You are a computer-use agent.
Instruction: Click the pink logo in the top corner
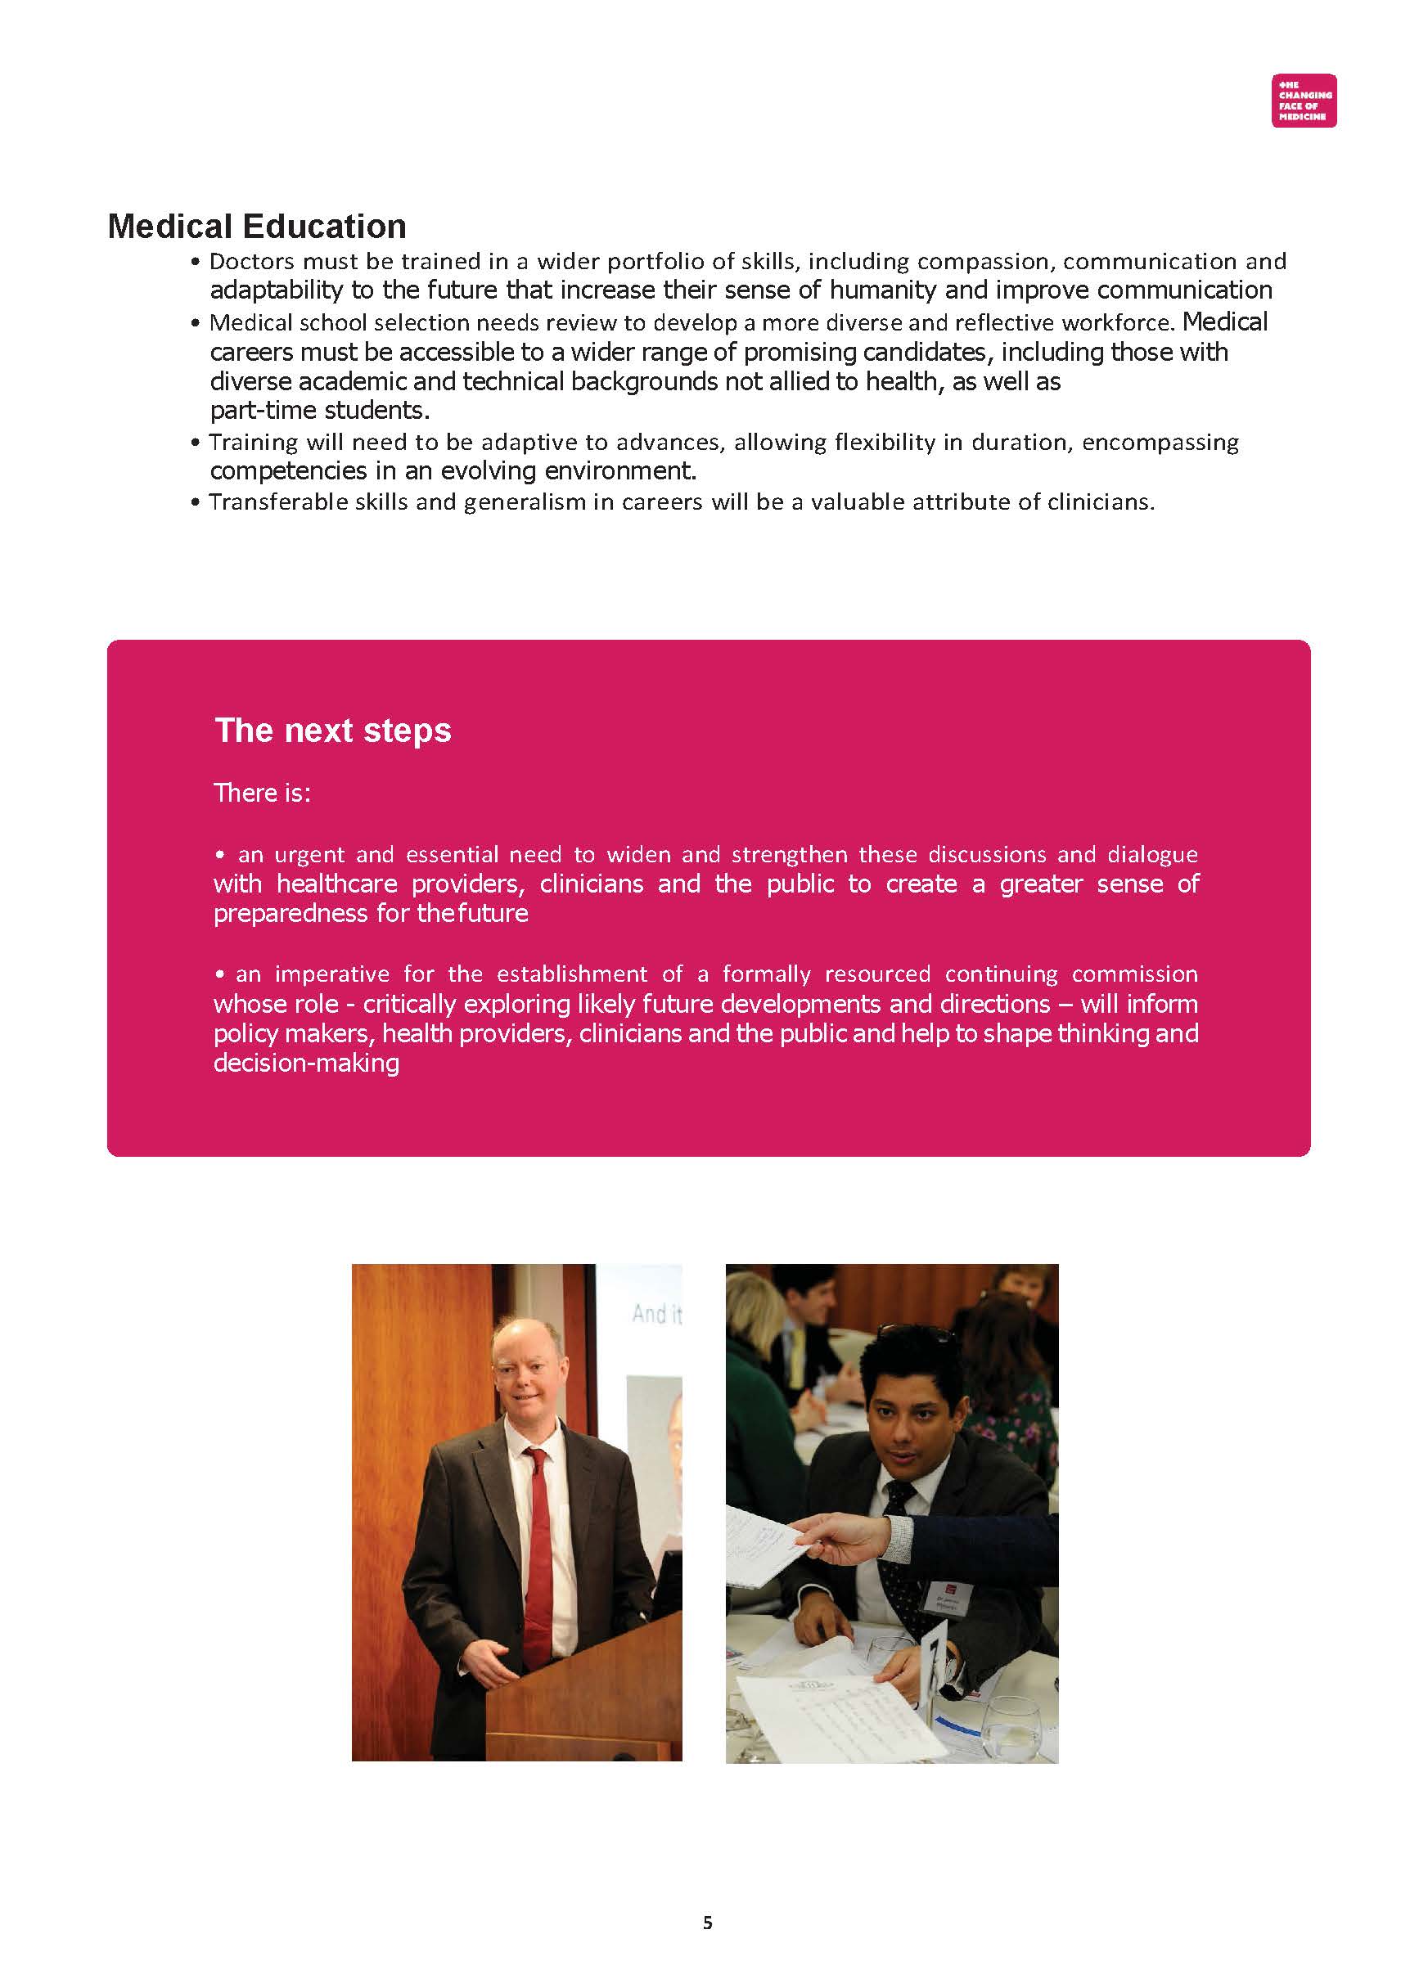(1303, 101)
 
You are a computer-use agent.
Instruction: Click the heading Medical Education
(257, 227)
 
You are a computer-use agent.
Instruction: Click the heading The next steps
(332, 731)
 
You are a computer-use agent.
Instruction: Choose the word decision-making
(306, 1064)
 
